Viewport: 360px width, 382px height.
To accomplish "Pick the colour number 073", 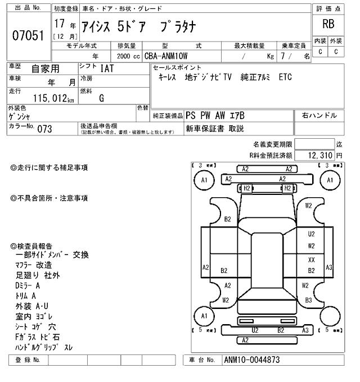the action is coord(44,128).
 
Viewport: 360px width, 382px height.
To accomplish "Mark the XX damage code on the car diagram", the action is coord(311,260).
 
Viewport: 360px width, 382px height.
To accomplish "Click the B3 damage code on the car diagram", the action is coord(309,300).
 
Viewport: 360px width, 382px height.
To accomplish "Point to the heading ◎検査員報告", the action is coord(31,246).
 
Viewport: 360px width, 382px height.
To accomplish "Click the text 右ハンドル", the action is coord(319,115).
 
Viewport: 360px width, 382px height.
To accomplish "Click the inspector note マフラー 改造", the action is coord(34,265).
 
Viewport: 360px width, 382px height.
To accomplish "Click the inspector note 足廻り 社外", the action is coord(38,275).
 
